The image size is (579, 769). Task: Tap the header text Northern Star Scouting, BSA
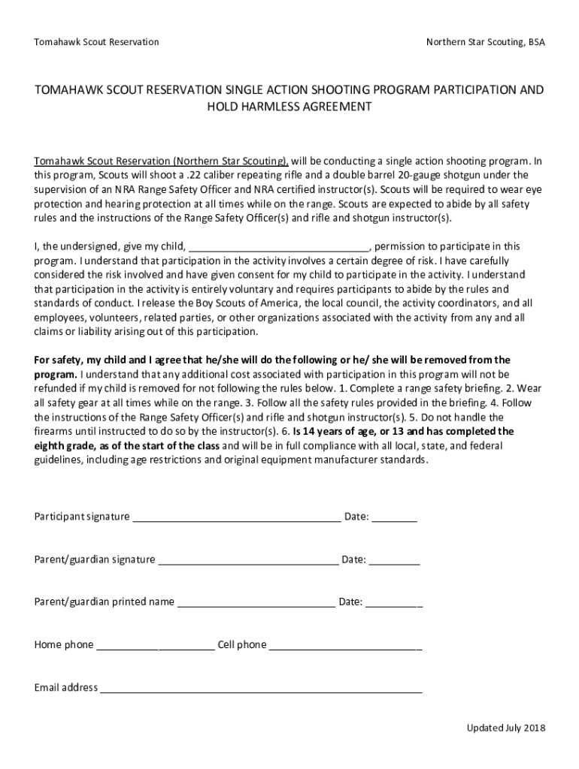coord(485,42)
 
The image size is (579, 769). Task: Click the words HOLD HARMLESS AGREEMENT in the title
coord(289,107)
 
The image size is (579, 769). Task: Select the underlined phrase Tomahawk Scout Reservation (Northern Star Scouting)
coord(161,161)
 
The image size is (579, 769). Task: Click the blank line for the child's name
coord(278,247)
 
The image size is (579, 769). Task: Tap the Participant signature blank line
coord(236,517)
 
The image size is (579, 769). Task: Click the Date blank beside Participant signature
coord(394,517)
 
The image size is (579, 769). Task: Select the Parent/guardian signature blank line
coord(248,560)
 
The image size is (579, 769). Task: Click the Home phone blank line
coord(156,645)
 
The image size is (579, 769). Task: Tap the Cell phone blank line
coord(345,645)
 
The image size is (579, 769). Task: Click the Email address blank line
coord(261,688)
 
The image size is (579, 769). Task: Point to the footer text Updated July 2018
coord(505,728)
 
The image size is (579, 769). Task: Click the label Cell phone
coord(241,645)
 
